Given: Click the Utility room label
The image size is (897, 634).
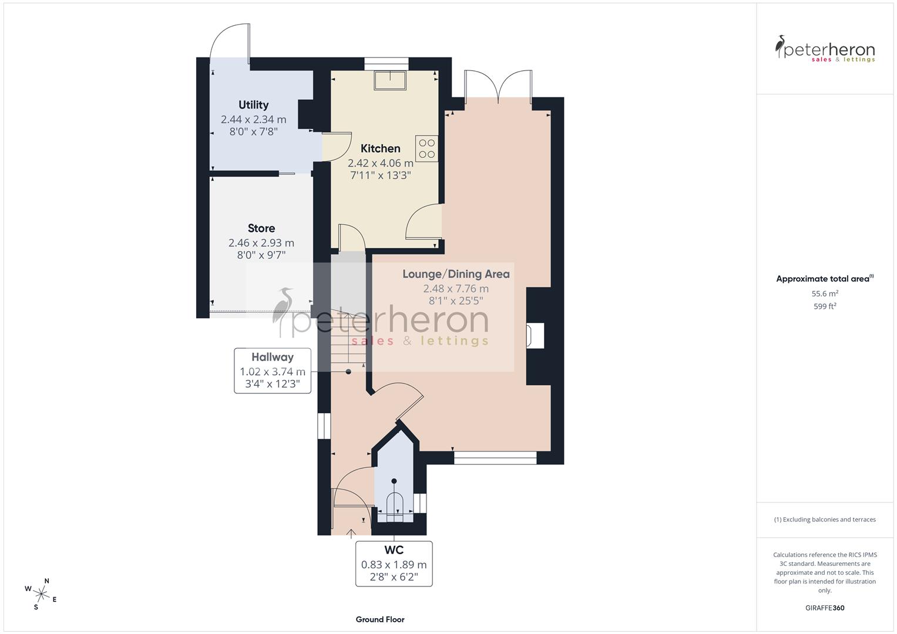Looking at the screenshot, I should [253, 105].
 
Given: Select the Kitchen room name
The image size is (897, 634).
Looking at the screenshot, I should [380, 149].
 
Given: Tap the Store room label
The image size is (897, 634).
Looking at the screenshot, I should [261, 228].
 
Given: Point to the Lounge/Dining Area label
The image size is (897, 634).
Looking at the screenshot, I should [456, 274].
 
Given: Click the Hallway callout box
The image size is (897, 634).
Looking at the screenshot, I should [273, 370].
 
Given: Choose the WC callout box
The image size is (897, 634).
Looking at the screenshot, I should [394, 564].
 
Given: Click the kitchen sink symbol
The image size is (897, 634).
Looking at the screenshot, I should [390, 80].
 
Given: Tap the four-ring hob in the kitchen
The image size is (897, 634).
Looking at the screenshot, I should [427, 149].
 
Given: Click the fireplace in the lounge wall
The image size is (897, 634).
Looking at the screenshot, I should [535, 336].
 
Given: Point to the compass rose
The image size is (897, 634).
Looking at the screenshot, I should [41, 593].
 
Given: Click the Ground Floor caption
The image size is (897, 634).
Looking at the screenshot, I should [379, 619].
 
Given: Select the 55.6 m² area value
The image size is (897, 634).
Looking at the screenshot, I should [825, 294].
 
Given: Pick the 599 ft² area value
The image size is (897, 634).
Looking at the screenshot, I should [825, 306].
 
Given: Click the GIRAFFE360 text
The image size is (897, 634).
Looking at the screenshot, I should [825, 608].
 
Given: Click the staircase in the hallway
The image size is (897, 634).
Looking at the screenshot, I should [347, 340].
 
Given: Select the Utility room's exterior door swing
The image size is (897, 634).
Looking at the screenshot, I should [231, 41].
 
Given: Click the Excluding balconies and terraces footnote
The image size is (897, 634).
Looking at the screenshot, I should [825, 520].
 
